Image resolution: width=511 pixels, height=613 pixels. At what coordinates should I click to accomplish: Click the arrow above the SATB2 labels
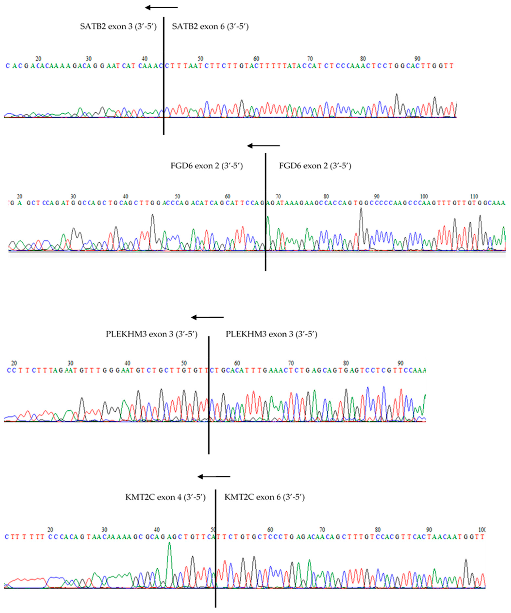coord(161,7)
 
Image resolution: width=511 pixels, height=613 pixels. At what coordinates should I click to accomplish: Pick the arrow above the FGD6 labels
coord(263,146)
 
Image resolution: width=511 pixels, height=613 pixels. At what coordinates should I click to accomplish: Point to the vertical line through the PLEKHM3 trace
coord(209,409)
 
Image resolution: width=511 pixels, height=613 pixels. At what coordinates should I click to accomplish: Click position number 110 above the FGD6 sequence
coord(474,196)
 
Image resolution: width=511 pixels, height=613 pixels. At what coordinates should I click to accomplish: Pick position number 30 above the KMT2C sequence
coord(104,530)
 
